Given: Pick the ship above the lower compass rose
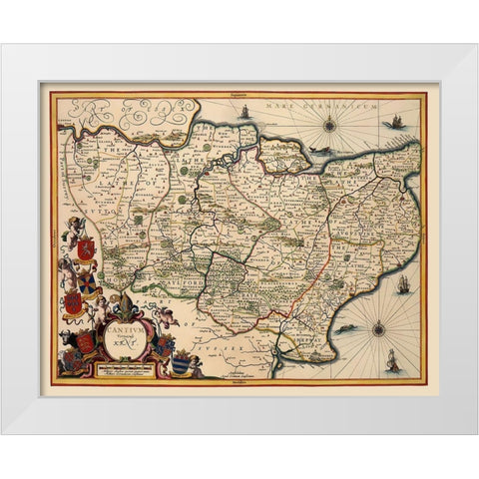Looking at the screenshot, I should pos(402,283).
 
